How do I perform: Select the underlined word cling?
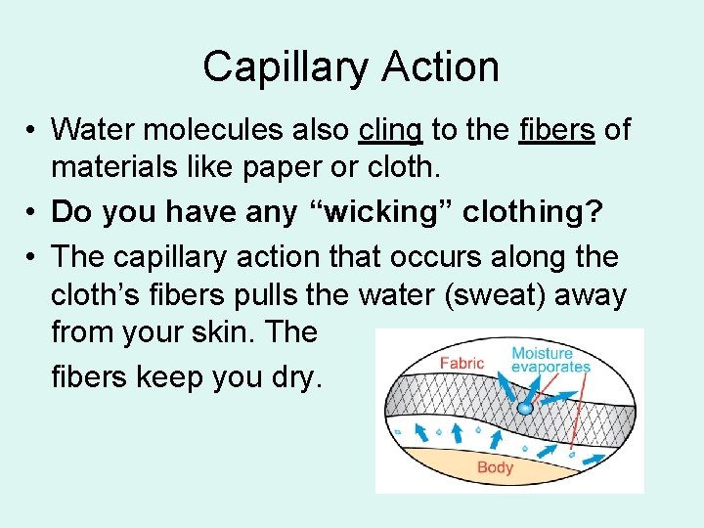391,129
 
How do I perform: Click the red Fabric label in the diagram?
462,364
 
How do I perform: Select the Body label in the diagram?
495,467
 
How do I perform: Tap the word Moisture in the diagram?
542,352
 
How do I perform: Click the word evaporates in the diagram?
550,368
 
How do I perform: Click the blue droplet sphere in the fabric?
525,408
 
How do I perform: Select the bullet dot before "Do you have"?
32,212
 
